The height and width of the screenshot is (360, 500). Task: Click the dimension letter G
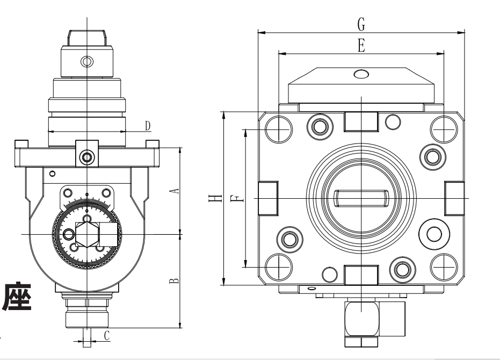tap(361, 24)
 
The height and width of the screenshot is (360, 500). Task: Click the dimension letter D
tap(147, 126)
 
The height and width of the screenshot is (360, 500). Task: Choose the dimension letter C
tap(106, 336)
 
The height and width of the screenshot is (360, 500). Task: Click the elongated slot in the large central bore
tap(361, 198)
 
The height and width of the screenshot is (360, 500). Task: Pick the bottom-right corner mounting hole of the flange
tap(444, 264)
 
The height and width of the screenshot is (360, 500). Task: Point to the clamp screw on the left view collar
tap(86, 157)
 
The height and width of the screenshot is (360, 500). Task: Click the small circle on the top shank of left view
tap(86, 60)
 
